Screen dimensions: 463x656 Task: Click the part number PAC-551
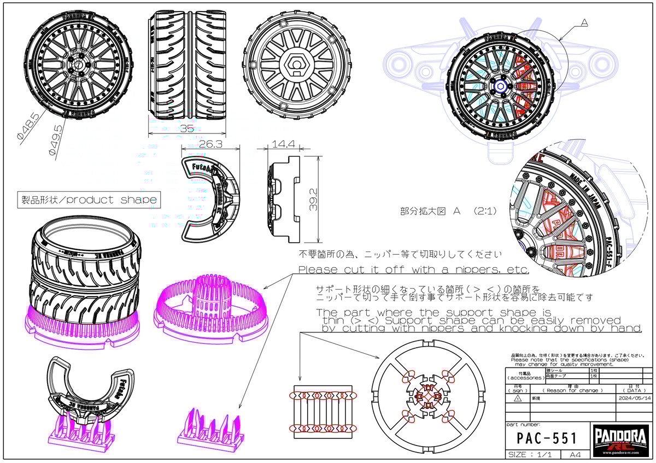pyautogui.click(x=547, y=438)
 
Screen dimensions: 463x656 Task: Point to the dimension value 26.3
pyautogui.click(x=210, y=144)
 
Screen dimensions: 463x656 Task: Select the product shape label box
pyautogui.click(x=88, y=200)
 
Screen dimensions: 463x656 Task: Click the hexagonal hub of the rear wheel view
pyautogui.click(x=295, y=66)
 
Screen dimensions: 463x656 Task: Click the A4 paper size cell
pyautogui.click(x=575, y=455)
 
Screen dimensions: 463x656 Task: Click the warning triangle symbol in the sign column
pyautogui.click(x=517, y=399)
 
